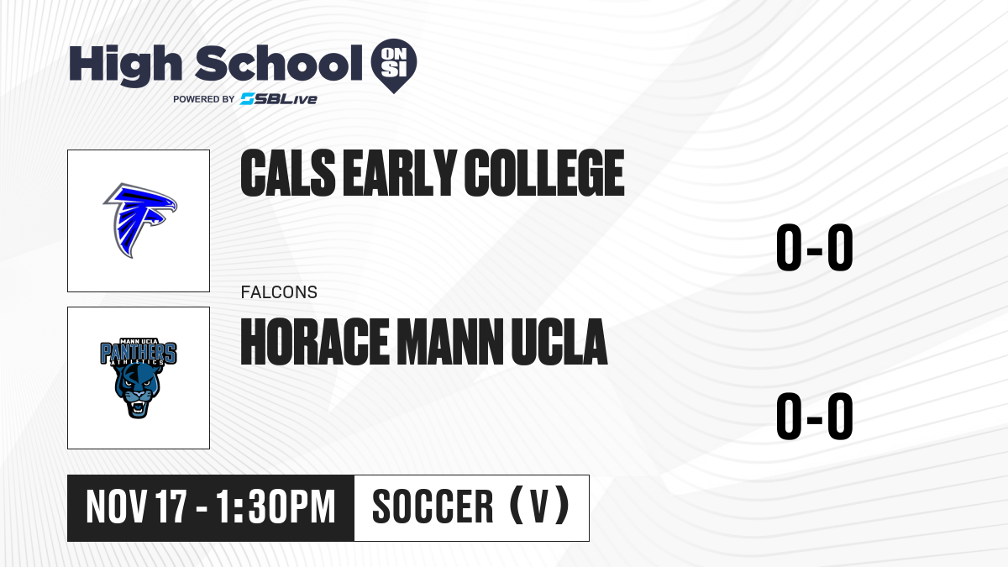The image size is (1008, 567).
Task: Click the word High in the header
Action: (x=125, y=65)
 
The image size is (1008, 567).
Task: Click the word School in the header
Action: (x=279, y=64)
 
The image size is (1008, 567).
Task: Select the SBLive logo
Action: (x=279, y=99)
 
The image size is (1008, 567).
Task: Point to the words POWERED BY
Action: (x=204, y=99)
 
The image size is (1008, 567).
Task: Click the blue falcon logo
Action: (x=140, y=220)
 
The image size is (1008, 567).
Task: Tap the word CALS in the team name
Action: (x=288, y=173)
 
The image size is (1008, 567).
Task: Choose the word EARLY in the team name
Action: (x=400, y=173)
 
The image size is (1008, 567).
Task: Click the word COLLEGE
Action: (x=544, y=173)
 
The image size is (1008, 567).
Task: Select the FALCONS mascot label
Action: (x=279, y=292)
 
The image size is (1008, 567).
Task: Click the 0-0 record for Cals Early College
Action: (x=815, y=247)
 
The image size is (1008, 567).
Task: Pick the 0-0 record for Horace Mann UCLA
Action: (x=815, y=416)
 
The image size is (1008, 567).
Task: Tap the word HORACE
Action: (x=315, y=342)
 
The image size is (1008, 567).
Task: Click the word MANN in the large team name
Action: (x=450, y=342)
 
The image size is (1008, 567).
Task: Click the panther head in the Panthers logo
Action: (x=138, y=390)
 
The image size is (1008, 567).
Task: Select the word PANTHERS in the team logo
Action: (x=138, y=353)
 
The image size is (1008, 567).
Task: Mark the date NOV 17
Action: (x=136, y=507)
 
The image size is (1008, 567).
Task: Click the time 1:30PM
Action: (x=276, y=507)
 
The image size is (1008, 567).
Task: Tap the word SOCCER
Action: (x=433, y=507)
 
